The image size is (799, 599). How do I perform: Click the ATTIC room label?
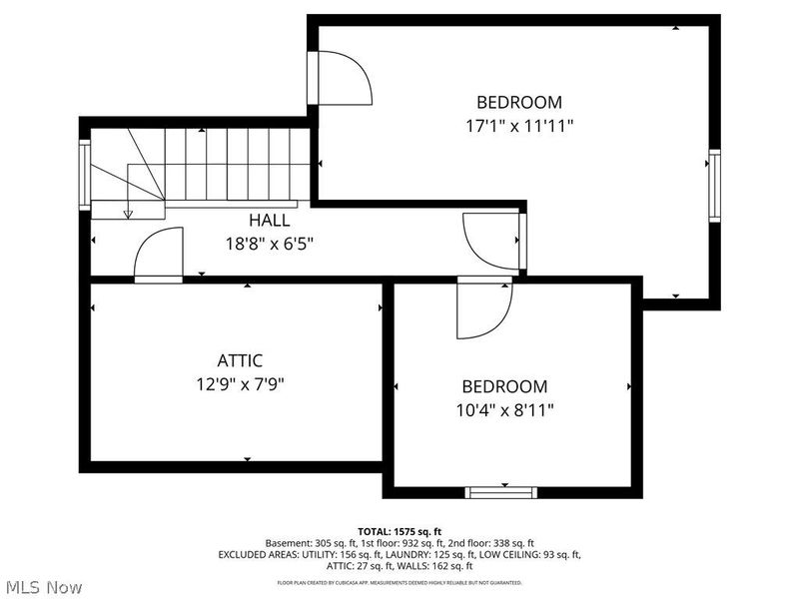[240, 360]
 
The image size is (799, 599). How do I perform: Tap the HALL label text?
[270, 220]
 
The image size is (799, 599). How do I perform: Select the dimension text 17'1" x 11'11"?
[518, 126]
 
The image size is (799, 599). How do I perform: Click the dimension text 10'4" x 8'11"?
[504, 409]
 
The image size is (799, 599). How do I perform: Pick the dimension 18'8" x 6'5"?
[270, 243]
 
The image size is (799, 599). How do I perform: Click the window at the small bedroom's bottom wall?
[502, 491]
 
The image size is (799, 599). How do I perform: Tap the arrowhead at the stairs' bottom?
[128, 213]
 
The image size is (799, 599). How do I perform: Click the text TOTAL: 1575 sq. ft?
[399, 531]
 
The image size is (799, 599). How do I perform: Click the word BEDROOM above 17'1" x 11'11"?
[518, 102]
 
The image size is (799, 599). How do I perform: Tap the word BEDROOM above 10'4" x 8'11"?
[504, 386]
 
